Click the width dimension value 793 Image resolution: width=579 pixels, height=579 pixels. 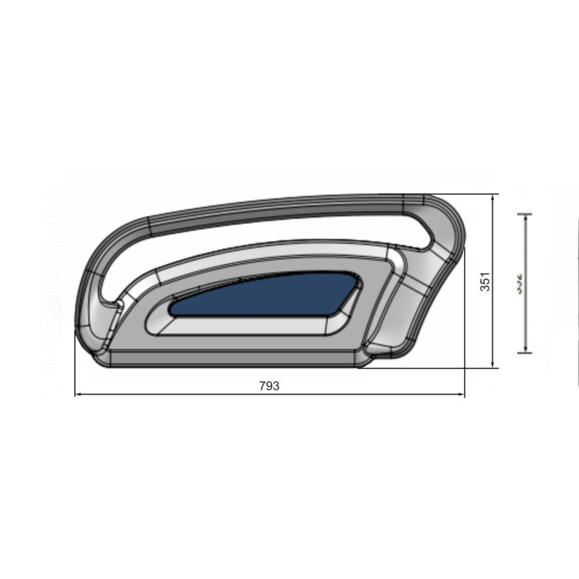point(269,386)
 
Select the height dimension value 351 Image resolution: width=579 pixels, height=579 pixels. point(484,282)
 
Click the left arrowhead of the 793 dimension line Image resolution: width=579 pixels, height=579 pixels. point(77,395)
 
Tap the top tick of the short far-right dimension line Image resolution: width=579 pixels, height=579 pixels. point(526,214)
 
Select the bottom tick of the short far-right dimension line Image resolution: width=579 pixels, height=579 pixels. point(526,352)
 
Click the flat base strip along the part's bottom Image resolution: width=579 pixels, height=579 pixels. point(232,358)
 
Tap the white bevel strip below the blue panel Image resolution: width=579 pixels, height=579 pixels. point(247,326)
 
